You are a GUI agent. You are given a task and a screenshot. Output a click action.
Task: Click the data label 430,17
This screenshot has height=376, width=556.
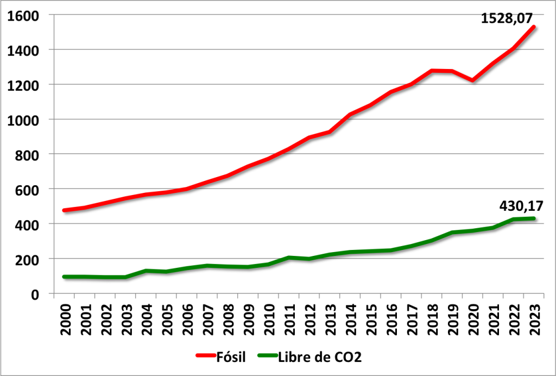pyautogui.click(x=521, y=206)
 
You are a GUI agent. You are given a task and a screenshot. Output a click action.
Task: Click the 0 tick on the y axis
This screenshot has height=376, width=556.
pyautogui.click(x=34, y=294)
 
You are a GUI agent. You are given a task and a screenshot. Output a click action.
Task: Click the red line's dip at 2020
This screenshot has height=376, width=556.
pyautogui.click(x=473, y=80)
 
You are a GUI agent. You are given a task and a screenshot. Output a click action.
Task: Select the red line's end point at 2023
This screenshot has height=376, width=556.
pyautogui.click(x=534, y=27)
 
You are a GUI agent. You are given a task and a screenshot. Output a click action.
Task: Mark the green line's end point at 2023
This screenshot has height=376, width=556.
pyautogui.click(x=534, y=218)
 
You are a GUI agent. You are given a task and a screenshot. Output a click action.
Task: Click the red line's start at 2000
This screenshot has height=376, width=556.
pyautogui.click(x=65, y=210)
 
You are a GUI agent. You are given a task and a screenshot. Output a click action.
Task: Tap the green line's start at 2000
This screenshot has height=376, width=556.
pyautogui.click(x=65, y=277)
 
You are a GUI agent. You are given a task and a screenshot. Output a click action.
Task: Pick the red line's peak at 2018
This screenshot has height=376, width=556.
pyautogui.click(x=432, y=71)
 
